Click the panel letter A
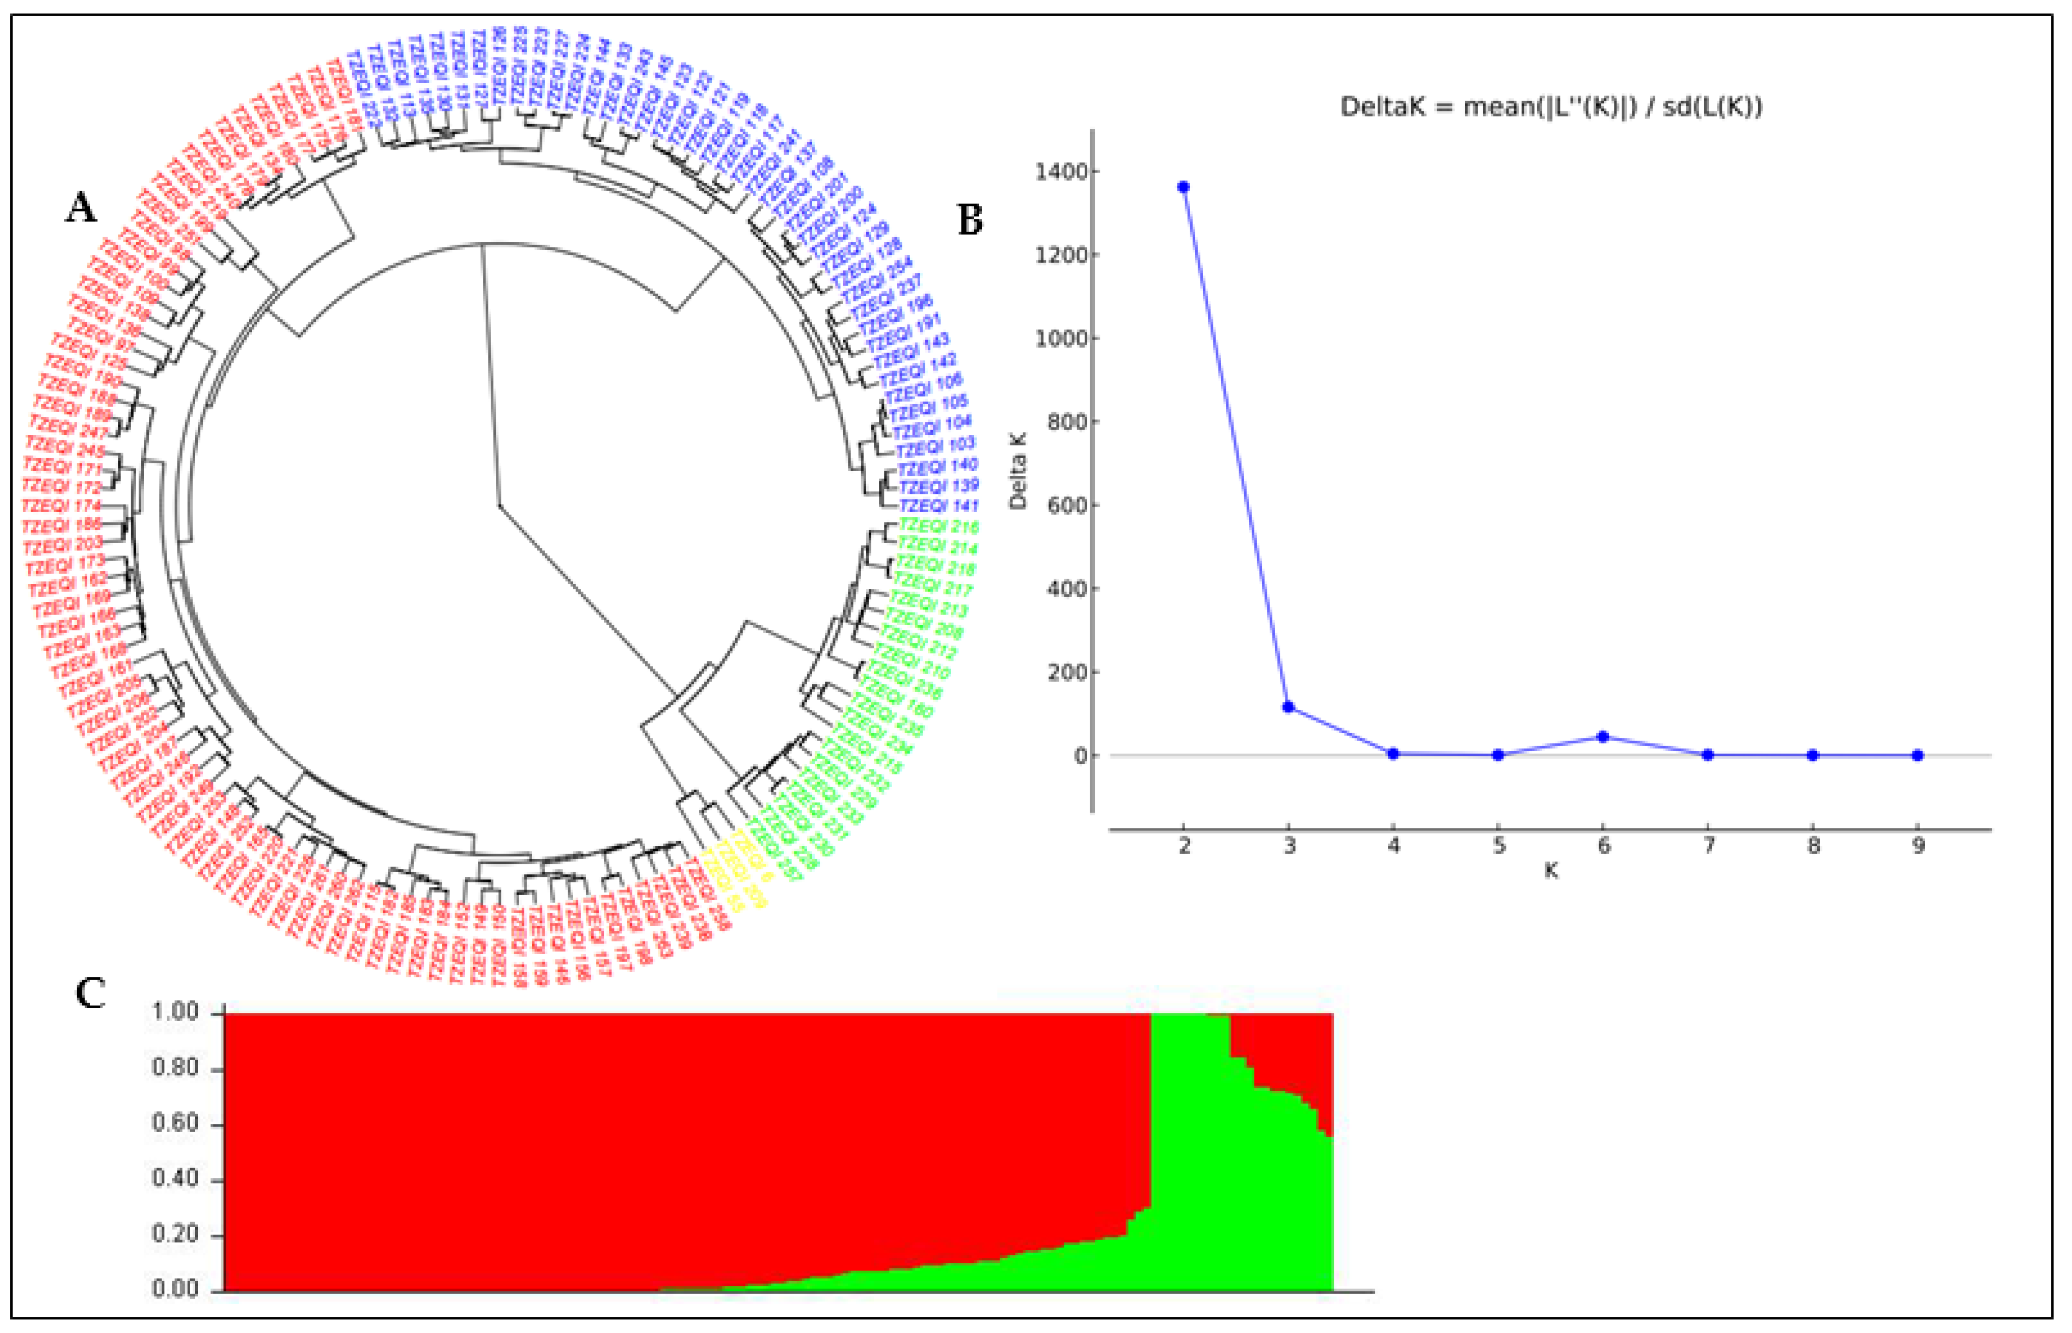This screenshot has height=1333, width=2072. pos(81,208)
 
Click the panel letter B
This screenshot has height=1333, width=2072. pos(970,220)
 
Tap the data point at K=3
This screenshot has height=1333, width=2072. pos(1289,707)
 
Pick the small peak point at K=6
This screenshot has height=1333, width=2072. pos(1603,737)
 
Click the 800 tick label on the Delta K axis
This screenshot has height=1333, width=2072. pos(1067,421)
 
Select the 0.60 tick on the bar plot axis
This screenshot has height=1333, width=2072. pos(176,1124)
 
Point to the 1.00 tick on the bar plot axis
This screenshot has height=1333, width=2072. pos(176,1013)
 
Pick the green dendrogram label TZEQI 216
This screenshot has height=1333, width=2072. pos(939,526)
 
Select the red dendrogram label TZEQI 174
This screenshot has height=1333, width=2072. pos(62,506)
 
